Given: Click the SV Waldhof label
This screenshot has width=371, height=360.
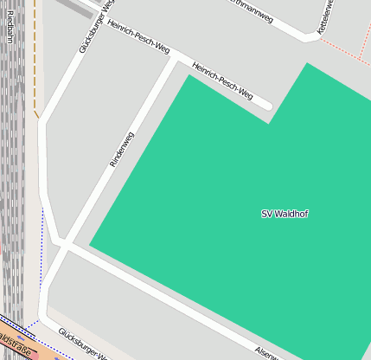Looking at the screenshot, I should (x=285, y=214).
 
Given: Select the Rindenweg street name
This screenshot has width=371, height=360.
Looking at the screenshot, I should (x=122, y=149).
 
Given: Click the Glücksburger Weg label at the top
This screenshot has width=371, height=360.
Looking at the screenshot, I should (x=96, y=26).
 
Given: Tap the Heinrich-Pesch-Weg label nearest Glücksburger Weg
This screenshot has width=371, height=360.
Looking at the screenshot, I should (x=138, y=36).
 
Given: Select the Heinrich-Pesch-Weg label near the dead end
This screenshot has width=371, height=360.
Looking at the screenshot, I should (x=222, y=80).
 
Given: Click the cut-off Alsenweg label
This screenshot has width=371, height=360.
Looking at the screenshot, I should (x=270, y=352).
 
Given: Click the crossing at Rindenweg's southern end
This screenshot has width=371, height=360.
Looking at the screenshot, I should (x=63, y=245).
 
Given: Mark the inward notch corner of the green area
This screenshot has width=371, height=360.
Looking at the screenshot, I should (x=268, y=123).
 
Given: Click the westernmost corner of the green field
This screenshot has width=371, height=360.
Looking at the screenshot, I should (x=90, y=246).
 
